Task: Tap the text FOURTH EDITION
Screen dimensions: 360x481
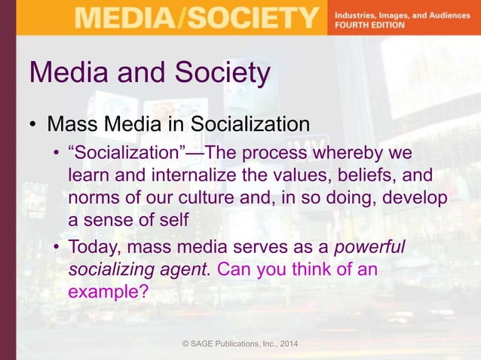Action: (x=369, y=25)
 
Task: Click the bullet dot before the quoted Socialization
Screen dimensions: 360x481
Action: (x=56, y=155)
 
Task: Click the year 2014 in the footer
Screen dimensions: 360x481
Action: (x=286, y=345)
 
